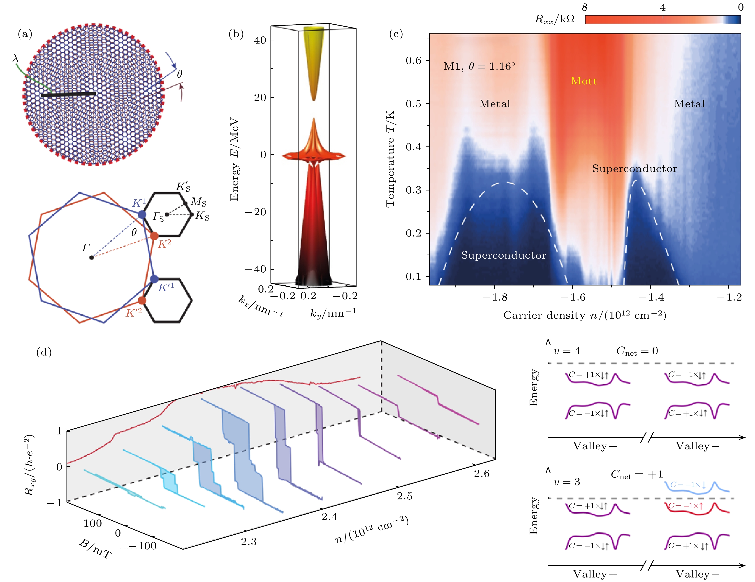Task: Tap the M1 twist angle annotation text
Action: click(479, 66)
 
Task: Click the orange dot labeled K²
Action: click(154, 236)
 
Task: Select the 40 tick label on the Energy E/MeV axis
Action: click(260, 40)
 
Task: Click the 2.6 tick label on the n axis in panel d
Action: click(482, 473)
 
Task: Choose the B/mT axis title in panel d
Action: click(95, 549)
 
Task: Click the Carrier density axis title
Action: click(584, 315)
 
